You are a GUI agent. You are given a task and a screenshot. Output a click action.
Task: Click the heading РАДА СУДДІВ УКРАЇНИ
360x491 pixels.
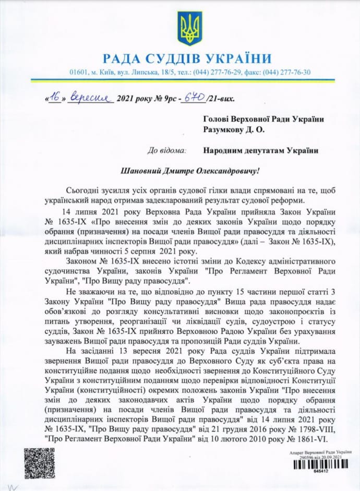pyautogui.click(x=187, y=58)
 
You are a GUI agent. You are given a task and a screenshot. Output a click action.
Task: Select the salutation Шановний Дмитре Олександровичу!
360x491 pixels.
pyautogui.click(x=179, y=170)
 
